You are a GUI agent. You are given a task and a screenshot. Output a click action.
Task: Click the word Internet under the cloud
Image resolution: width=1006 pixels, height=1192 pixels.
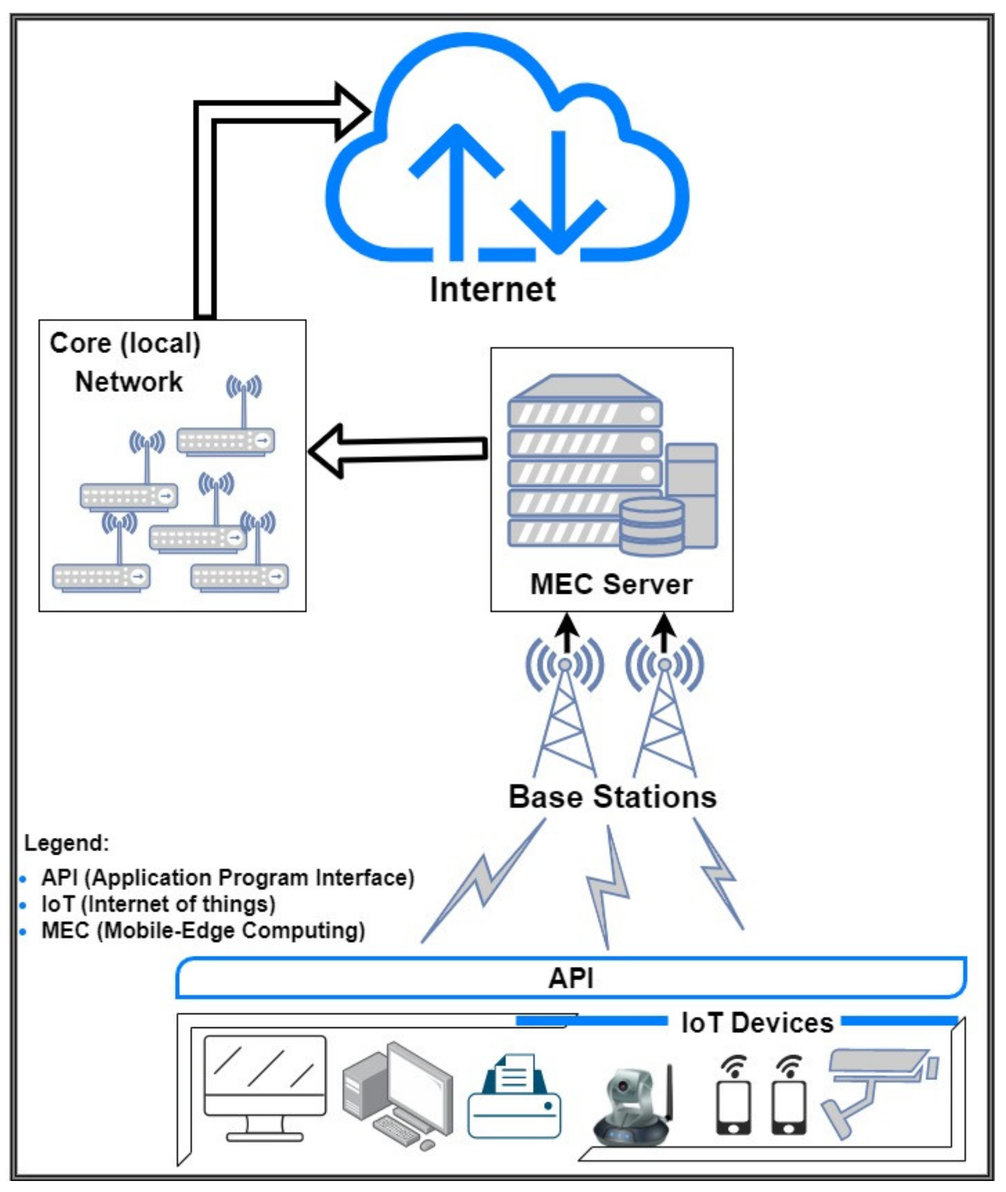[493, 289]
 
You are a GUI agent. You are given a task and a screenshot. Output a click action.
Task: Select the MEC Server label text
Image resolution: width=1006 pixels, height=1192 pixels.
[611, 584]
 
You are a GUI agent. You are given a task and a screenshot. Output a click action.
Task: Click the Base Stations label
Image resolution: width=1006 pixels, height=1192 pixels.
[613, 797]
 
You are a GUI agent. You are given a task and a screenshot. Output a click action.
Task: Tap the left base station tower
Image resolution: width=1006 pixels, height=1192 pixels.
[564, 719]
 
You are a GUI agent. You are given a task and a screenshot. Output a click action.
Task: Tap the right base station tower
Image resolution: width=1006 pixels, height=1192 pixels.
[664, 719]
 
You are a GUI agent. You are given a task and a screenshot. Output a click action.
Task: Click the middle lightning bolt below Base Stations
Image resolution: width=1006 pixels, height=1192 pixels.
[607, 887]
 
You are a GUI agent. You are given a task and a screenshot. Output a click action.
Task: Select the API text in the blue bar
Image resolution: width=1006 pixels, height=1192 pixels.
[570, 978]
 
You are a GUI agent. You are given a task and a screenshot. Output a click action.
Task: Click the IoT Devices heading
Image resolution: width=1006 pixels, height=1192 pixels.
[757, 1023]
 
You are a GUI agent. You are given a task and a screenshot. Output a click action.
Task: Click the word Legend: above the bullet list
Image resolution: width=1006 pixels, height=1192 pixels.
[67, 843]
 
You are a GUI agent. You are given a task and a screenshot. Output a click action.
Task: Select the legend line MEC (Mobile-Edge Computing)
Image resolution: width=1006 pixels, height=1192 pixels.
[203, 931]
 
